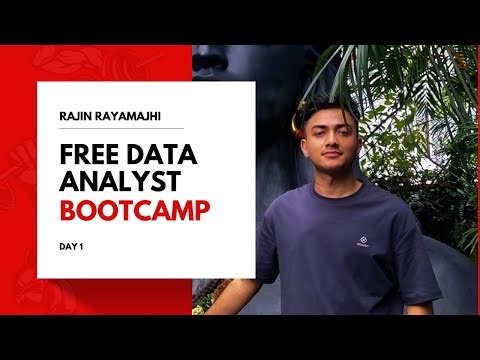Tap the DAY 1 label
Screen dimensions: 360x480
71,245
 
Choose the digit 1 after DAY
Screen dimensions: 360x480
81,245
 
